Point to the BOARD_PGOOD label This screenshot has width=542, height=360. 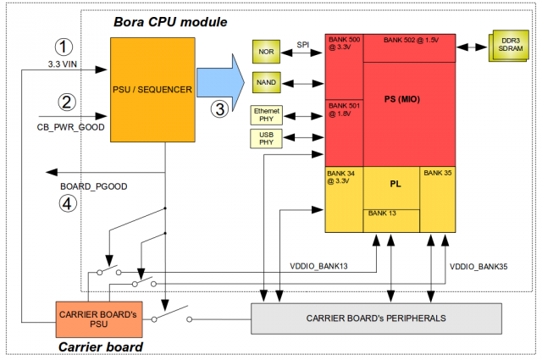coord(93,186)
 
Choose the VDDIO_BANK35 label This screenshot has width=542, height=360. coord(479,266)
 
